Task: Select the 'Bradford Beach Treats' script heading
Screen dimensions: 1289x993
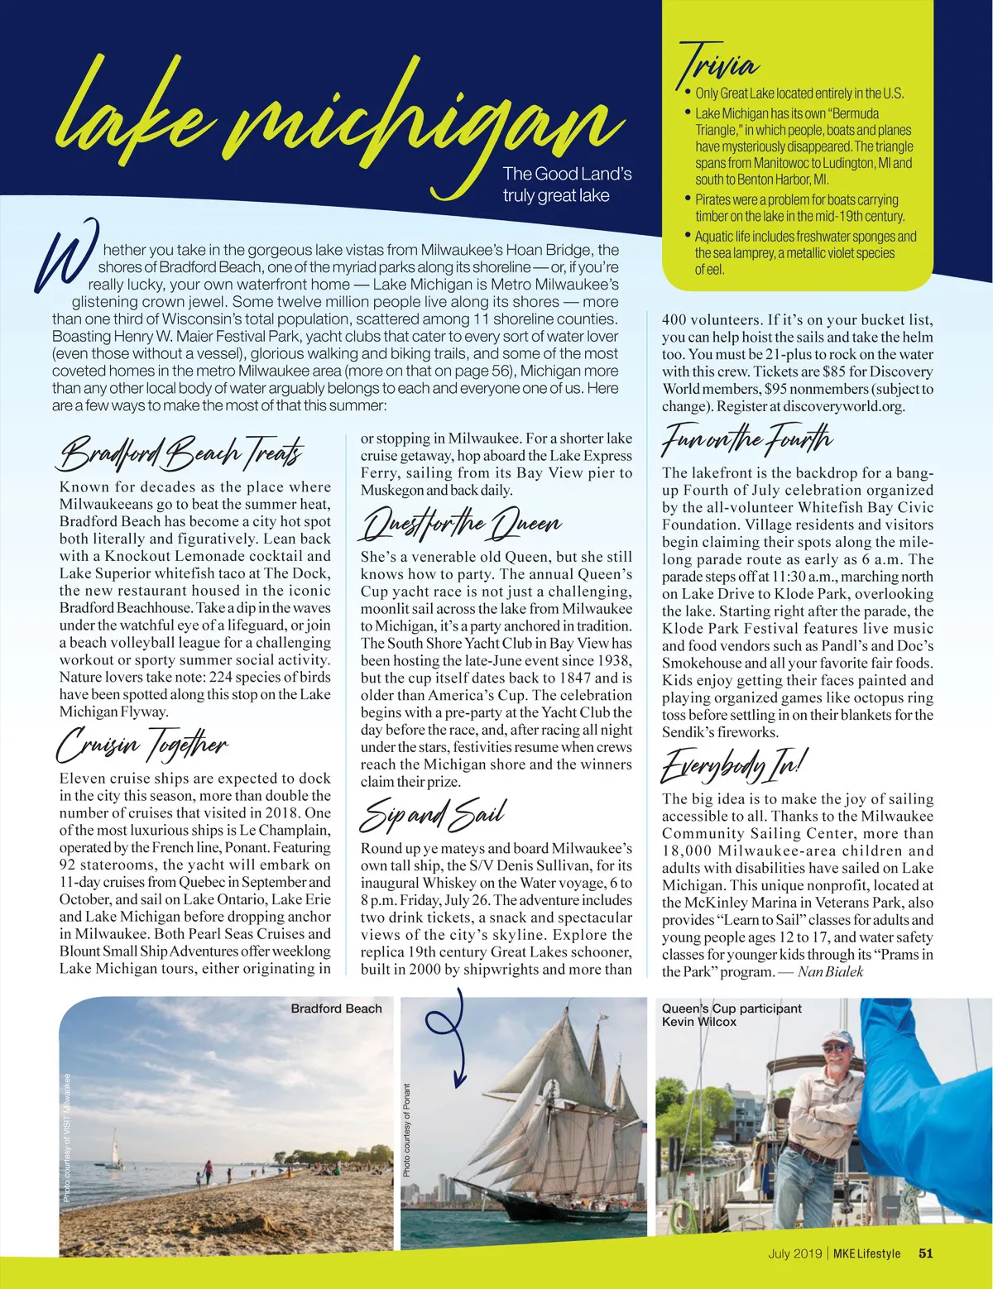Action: [x=181, y=453]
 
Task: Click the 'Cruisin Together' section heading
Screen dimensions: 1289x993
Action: [x=141, y=744]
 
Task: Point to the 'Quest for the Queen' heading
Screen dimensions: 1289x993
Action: [x=462, y=523]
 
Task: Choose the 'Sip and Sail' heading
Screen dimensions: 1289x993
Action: [x=432, y=814]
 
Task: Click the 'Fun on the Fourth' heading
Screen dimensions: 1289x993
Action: [x=746, y=438]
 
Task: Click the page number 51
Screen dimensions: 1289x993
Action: [x=925, y=1253]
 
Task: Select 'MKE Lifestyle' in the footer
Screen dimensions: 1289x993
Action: [x=866, y=1253]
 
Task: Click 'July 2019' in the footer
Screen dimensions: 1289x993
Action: [x=794, y=1253]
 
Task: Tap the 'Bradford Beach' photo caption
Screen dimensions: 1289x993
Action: [x=336, y=1009]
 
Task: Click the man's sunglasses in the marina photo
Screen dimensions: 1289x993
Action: [x=834, y=1048]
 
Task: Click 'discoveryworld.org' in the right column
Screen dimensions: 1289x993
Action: [x=844, y=406]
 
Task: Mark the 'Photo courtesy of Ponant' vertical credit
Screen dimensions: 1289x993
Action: [x=407, y=1130]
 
